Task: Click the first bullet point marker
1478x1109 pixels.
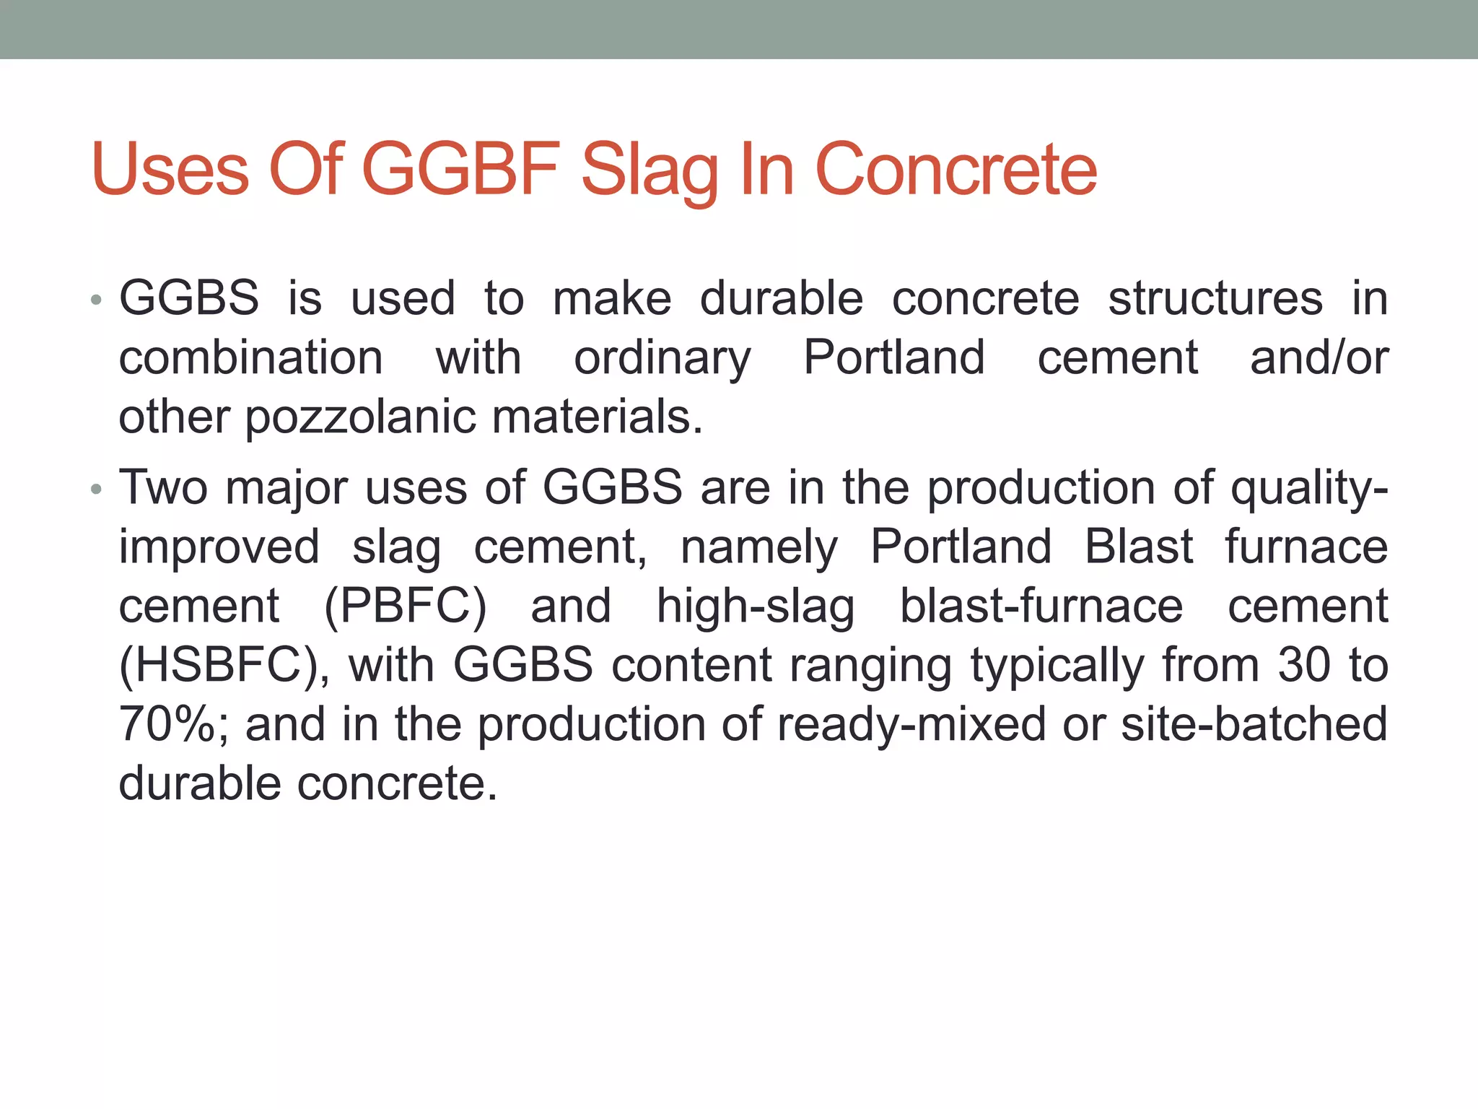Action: tap(96, 300)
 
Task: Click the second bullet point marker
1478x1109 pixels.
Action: tap(96, 490)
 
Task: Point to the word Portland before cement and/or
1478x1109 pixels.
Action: tap(893, 357)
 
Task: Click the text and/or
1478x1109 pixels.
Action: tap(1319, 357)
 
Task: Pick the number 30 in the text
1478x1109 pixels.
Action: tap(1303, 664)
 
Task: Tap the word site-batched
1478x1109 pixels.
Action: tap(1254, 724)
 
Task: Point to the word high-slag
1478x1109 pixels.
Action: tap(755, 606)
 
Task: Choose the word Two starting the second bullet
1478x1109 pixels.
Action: tap(164, 487)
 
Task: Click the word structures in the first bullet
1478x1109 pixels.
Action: tap(1215, 298)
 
